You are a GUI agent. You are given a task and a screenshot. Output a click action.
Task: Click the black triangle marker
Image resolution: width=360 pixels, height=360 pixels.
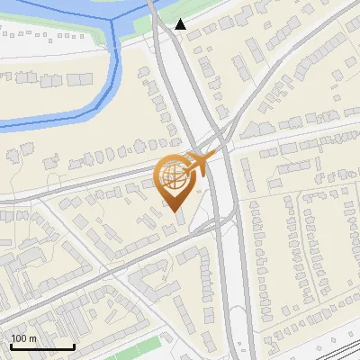182,24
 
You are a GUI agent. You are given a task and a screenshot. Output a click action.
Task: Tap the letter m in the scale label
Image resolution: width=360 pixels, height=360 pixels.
32,338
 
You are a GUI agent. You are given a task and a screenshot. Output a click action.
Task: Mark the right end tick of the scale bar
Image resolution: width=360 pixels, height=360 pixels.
74,346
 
